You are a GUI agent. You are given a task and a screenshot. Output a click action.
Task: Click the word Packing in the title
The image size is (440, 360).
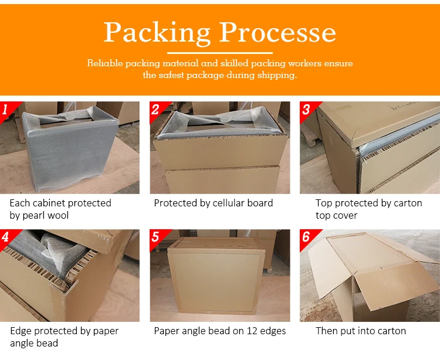(x=157, y=32)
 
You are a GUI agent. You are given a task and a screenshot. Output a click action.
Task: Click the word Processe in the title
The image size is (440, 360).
(x=277, y=32)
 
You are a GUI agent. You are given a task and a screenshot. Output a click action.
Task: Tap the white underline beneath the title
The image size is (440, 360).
(x=220, y=53)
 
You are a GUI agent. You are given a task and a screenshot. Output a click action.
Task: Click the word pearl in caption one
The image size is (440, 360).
(x=33, y=216)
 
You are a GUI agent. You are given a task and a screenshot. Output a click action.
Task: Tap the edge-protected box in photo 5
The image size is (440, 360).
(x=216, y=276)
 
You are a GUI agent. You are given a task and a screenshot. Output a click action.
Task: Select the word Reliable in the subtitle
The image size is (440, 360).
(x=105, y=63)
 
